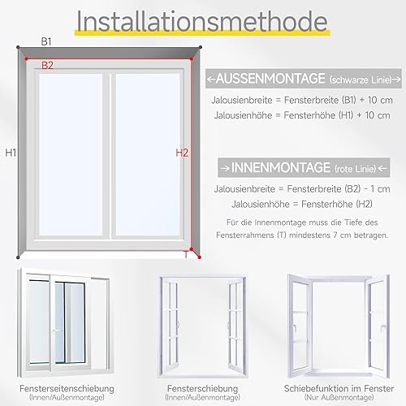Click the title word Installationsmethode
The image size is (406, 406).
click(x=202, y=22)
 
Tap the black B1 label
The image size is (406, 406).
click(x=46, y=41)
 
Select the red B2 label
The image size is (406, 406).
click(x=47, y=66)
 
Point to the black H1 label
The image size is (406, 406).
click(x=11, y=153)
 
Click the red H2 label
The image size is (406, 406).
click(x=182, y=153)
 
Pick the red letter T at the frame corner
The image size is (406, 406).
click(x=186, y=255)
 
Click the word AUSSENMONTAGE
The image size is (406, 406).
click(x=270, y=79)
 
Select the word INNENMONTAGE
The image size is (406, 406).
click(x=281, y=168)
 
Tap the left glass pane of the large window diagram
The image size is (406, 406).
click(x=71, y=154)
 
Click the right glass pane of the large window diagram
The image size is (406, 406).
click(x=148, y=154)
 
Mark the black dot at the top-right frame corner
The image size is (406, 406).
click(x=201, y=47)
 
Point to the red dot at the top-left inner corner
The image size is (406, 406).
click(x=27, y=58)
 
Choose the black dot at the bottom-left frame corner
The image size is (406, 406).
click(x=18, y=257)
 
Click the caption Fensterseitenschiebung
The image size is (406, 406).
click(x=67, y=389)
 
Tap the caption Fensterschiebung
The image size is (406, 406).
click(x=202, y=389)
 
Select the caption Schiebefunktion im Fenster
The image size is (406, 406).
click(x=339, y=389)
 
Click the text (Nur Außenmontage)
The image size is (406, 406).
click(x=339, y=398)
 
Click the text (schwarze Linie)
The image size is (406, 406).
click(x=361, y=80)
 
